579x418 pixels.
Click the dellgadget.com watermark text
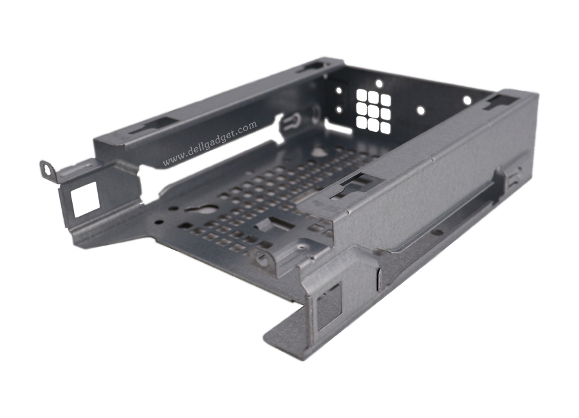coord(210,143)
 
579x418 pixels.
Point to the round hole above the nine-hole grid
coord(378,84)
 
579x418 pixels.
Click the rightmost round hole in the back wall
coord(467,100)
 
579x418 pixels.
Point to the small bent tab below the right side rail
coord(380,277)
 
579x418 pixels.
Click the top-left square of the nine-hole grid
coord(362,95)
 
